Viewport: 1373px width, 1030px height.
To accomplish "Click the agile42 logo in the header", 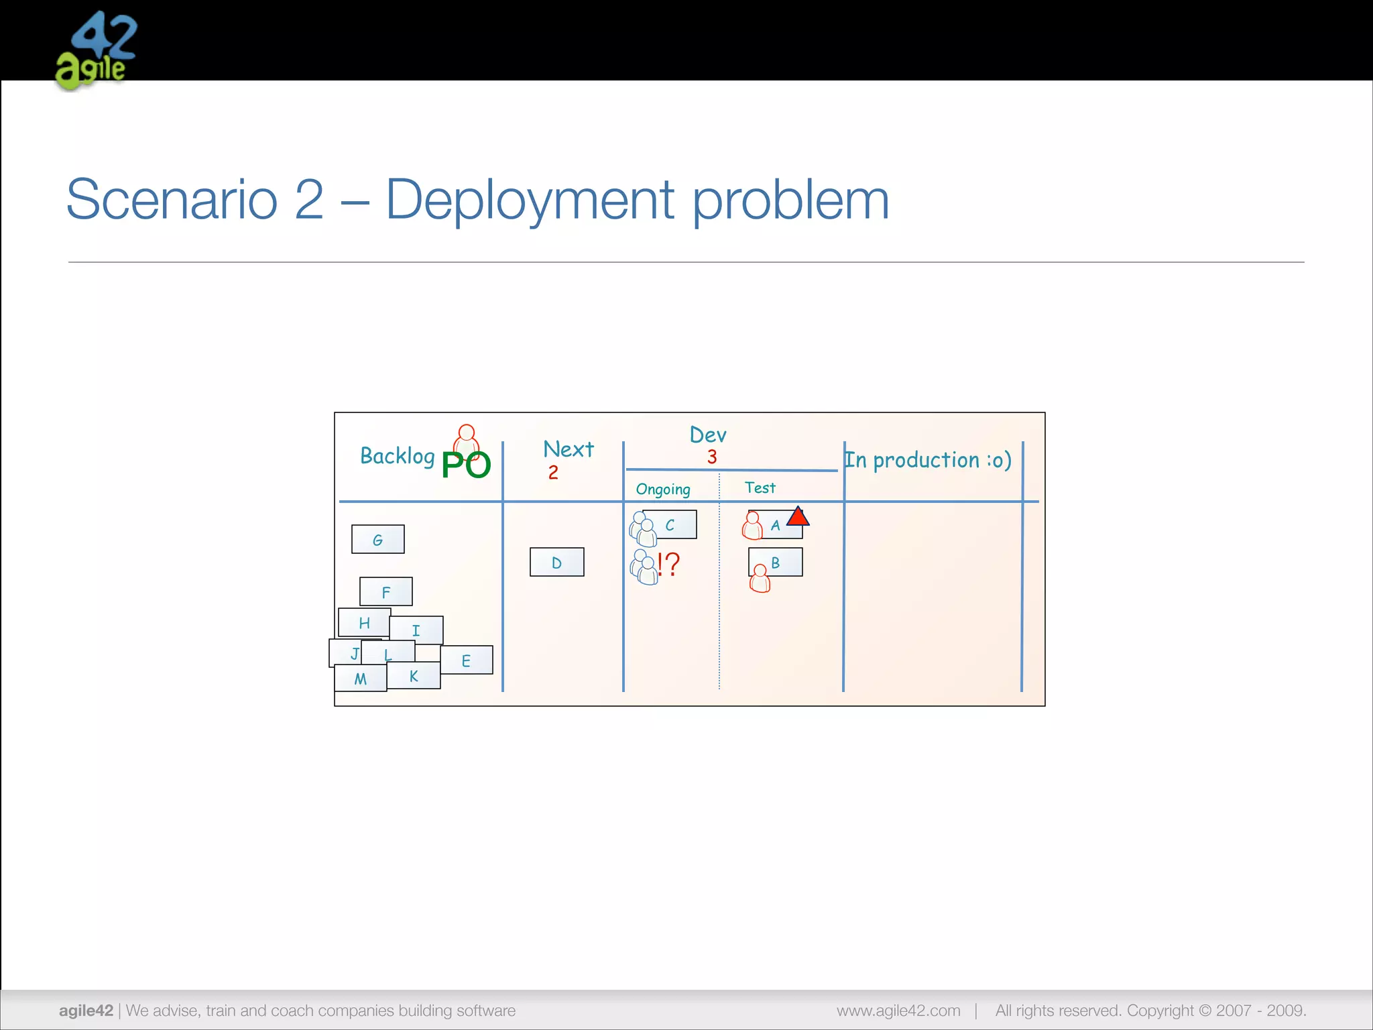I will tap(95, 50).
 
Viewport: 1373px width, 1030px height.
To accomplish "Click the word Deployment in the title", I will tap(530, 200).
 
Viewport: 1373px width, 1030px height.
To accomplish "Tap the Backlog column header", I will tap(397, 456).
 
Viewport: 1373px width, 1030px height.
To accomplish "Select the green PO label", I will tap(466, 465).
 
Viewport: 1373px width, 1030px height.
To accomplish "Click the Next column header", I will tap(568, 449).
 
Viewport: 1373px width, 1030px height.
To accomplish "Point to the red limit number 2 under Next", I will tap(553, 473).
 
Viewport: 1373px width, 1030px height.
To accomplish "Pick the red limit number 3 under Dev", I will tap(712, 457).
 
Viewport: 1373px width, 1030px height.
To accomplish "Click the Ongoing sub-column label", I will tap(663, 489).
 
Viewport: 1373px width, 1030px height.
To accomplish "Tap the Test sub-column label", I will tap(760, 488).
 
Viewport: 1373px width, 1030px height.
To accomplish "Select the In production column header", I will tap(927, 460).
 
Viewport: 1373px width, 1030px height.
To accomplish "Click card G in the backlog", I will tap(378, 540).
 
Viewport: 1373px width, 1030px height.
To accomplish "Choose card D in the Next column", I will tap(556, 563).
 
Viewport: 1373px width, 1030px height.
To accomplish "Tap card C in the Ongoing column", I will tap(670, 525).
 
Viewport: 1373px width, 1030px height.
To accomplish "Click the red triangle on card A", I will tap(798, 517).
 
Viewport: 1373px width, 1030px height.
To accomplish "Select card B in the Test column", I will tap(776, 563).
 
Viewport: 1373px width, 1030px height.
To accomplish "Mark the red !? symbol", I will tap(668, 564).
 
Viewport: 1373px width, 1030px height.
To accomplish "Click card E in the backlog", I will tap(466, 661).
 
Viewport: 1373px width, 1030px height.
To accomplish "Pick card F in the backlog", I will tap(386, 592).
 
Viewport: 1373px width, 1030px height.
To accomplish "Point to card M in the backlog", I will tap(361, 679).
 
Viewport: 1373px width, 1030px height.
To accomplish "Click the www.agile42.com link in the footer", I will tap(898, 1011).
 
